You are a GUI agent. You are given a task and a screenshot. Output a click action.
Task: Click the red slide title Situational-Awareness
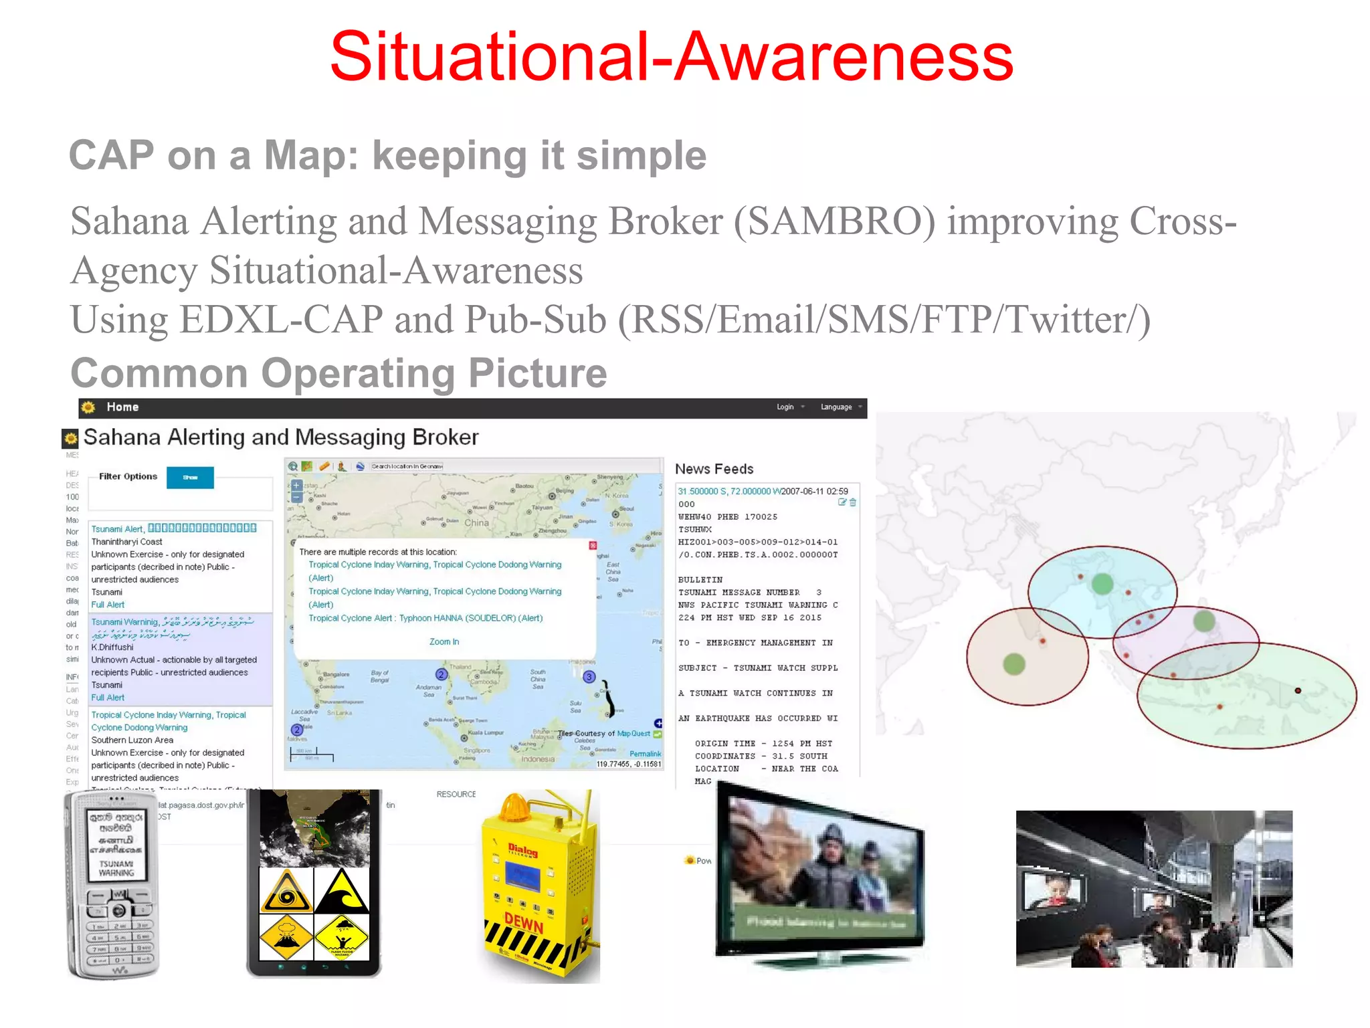click(x=672, y=58)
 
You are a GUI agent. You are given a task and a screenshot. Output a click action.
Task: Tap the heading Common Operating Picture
click(x=338, y=373)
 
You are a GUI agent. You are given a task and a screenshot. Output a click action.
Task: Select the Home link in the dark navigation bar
click(x=122, y=407)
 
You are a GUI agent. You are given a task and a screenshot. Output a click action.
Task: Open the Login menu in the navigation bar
click(x=785, y=407)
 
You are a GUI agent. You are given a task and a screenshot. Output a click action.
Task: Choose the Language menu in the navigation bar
click(x=837, y=407)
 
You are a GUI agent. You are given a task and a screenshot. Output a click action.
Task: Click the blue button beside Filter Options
click(x=190, y=478)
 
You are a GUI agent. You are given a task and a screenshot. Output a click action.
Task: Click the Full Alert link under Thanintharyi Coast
click(x=108, y=605)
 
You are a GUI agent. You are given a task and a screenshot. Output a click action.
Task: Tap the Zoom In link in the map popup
click(x=444, y=641)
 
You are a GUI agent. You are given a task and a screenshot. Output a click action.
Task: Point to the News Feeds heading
click(x=714, y=469)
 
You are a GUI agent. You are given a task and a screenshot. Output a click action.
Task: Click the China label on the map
click(x=476, y=522)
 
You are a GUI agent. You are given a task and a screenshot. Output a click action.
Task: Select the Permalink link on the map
click(x=645, y=754)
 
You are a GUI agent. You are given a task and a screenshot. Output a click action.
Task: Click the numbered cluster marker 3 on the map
click(x=589, y=676)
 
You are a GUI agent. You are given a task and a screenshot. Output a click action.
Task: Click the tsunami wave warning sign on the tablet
click(x=342, y=891)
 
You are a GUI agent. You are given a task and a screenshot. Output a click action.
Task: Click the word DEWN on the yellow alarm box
click(x=524, y=923)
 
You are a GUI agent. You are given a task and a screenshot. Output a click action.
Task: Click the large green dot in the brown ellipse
click(x=1014, y=664)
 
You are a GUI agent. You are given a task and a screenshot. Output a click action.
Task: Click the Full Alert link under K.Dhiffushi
click(x=108, y=698)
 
